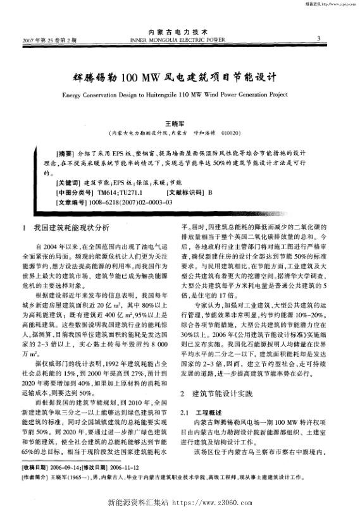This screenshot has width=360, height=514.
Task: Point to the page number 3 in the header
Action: tap(318, 38)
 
